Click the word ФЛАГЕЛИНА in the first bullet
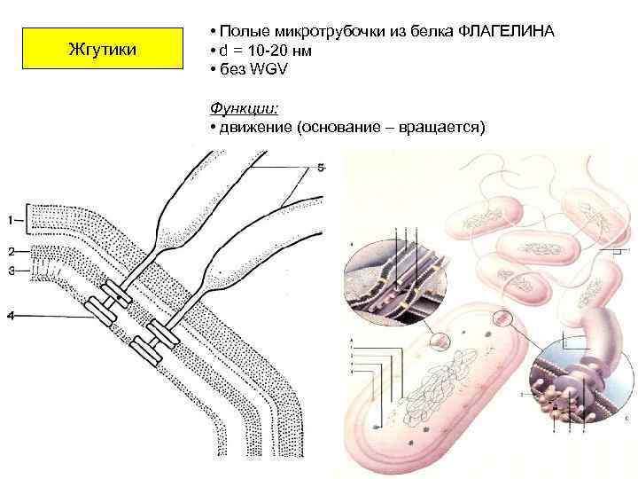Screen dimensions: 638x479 coord(507,32)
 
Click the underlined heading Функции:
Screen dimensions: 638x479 coord(245,108)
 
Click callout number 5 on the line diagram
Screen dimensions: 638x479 coord(321,166)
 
